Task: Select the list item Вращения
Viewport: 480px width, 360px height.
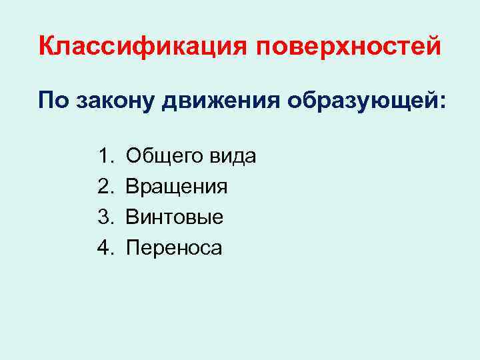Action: [x=177, y=187]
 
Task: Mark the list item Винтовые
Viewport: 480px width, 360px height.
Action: [x=175, y=217]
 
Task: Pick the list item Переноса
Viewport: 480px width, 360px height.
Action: [x=174, y=248]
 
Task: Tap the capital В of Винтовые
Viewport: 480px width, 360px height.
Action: [x=132, y=217]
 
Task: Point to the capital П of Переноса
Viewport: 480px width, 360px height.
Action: [x=133, y=248]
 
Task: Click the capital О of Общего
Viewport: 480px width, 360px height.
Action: [x=133, y=157]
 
